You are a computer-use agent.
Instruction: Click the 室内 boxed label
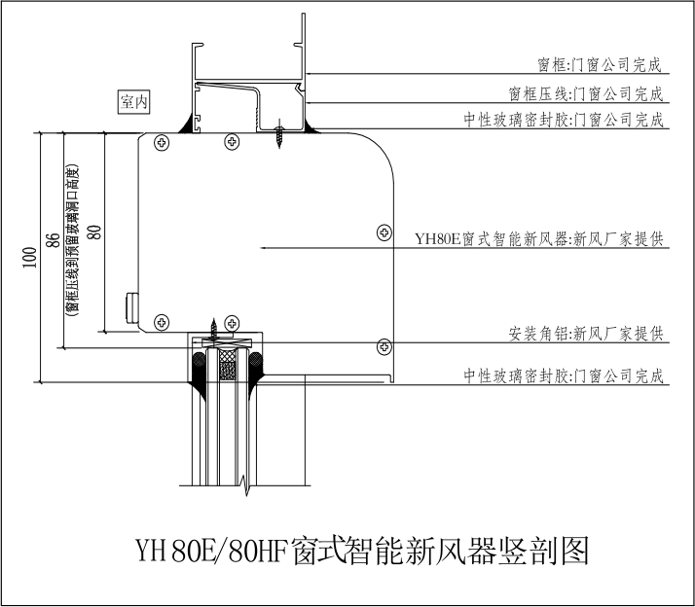[x=135, y=100]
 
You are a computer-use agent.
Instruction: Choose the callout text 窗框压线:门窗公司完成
[x=586, y=93]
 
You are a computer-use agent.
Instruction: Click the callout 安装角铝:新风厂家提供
[x=586, y=334]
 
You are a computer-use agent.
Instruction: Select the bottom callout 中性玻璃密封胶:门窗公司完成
[x=564, y=375]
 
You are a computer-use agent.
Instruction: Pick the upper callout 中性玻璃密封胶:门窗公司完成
[x=564, y=120]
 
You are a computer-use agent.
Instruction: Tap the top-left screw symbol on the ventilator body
[x=162, y=142]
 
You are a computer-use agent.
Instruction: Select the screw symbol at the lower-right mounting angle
[x=384, y=345]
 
